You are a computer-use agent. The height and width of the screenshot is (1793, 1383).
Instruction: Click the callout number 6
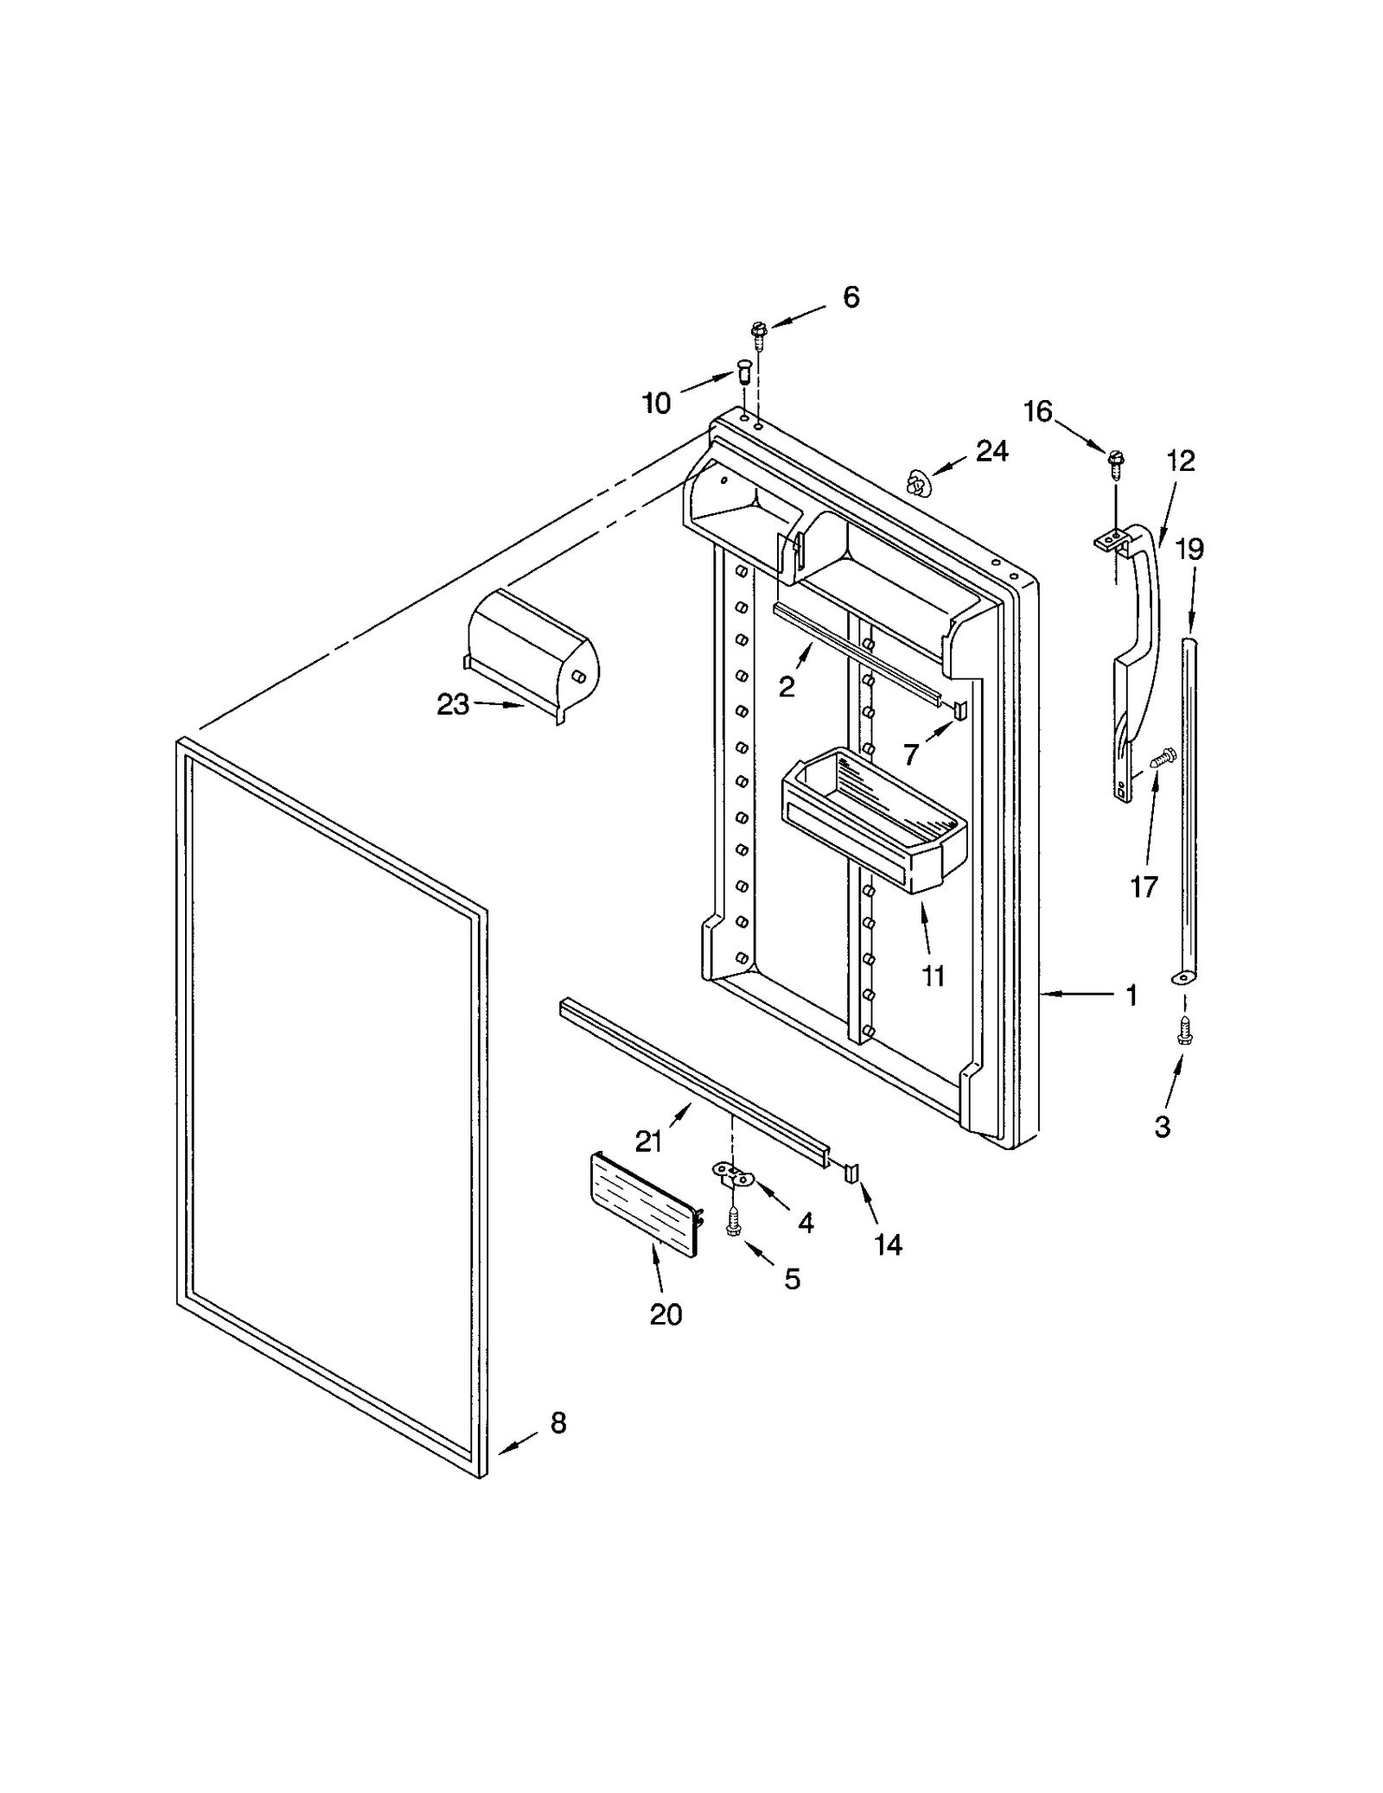[x=851, y=297]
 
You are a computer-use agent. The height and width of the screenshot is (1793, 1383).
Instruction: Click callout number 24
[x=992, y=451]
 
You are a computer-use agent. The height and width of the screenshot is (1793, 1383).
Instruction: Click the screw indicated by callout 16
[x=1114, y=459]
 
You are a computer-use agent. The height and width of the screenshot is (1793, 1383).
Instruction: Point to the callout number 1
[x=1131, y=995]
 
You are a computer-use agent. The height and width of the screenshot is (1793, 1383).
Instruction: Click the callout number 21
[x=648, y=1141]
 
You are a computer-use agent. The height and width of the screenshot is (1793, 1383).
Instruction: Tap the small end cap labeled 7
[x=959, y=709]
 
